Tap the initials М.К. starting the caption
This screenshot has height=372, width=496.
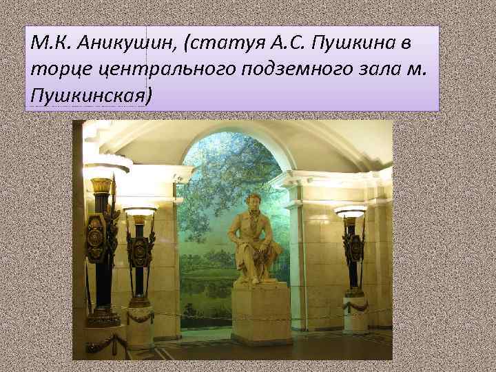coord(48,46)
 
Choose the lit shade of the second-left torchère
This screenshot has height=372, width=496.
coord(141,211)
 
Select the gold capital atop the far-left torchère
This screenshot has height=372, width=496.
coord(101,185)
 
